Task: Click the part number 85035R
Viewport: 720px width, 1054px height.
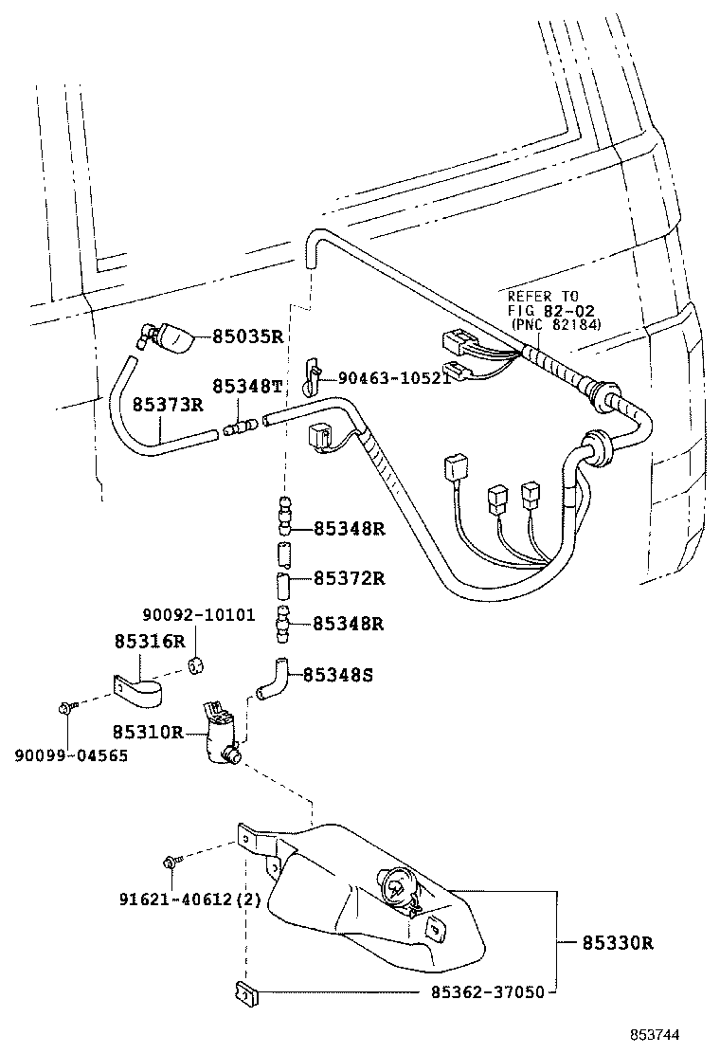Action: point(247,336)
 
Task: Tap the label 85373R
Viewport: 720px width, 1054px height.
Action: point(168,406)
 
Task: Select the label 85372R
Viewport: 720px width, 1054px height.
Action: point(349,578)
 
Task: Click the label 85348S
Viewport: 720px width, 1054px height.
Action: point(338,676)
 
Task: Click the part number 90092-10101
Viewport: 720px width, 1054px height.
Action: point(199,614)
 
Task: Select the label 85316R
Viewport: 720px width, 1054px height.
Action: point(150,641)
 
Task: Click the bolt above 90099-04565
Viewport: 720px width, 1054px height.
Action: point(65,707)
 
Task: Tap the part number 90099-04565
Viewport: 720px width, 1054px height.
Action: point(70,754)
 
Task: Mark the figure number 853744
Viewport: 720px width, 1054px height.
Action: point(657,1035)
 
